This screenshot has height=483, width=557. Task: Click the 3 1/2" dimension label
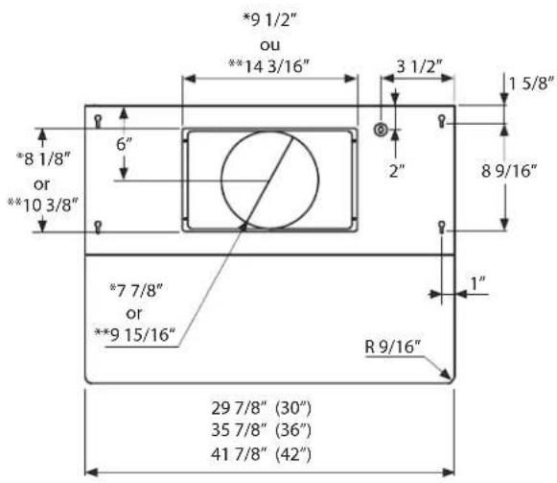[419, 66]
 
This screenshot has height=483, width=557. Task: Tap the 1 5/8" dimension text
[531, 84]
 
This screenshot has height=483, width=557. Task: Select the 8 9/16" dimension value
[509, 171]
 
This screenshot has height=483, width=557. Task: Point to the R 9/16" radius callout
[392, 347]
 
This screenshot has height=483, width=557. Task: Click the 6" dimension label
[124, 144]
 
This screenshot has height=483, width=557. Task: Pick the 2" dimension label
[397, 171]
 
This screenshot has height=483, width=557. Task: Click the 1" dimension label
[477, 283]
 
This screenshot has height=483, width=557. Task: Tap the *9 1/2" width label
[269, 20]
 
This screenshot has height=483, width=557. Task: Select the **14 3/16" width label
[268, 66]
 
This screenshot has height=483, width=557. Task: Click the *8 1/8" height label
[43, 158]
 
